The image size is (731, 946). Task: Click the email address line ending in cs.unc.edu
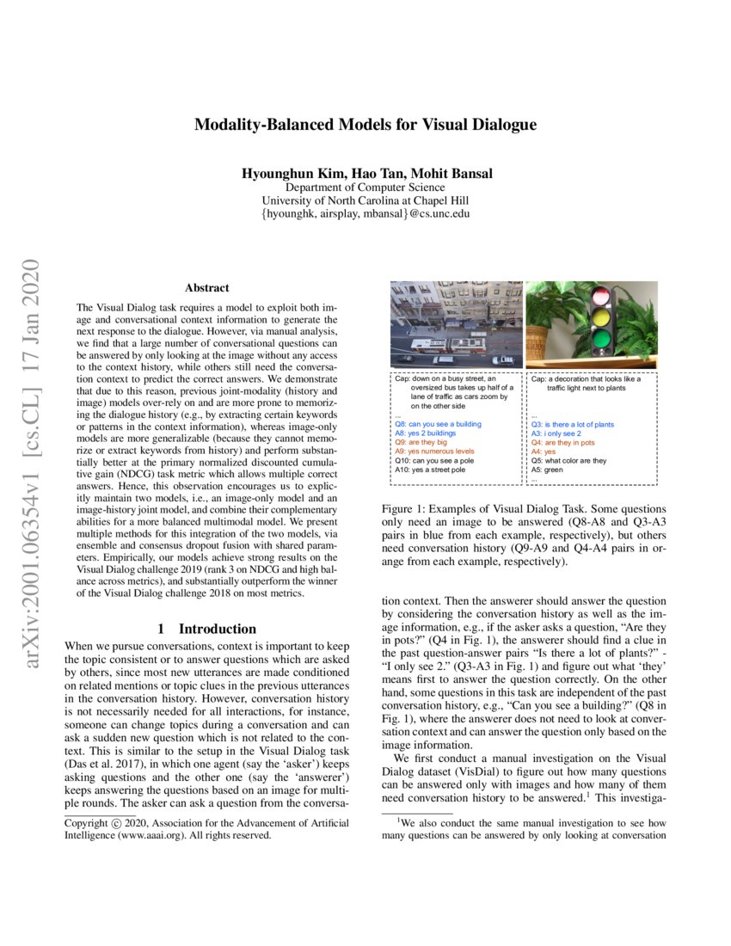pyautogui.click(x=365, y=214)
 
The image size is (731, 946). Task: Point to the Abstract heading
pyautogui.click(x=207, y=288)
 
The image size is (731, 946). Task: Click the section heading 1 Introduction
pyautogui.click(x=207, y=629)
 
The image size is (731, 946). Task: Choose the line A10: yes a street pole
pyautogui.click(x=430, y=470)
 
